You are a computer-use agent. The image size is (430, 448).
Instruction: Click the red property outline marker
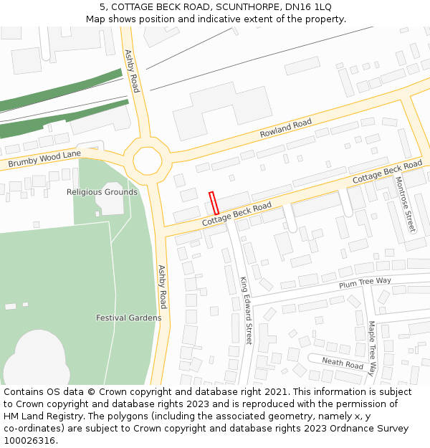pos(213,202)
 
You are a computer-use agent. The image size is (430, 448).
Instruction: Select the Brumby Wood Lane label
pos(44,159)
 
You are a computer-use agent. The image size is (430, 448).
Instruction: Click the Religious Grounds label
pos(102,192)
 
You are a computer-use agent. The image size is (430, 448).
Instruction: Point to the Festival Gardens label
pos(128,318)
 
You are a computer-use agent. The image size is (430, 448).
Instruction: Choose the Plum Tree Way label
pos(365,283)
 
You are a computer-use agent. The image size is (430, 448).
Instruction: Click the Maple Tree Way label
pos(371,348)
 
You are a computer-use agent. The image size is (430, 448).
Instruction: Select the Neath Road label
pos(342,363)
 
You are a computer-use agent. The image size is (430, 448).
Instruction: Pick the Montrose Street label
pos(405,204)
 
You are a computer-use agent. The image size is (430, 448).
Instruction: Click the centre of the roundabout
pos(148,159)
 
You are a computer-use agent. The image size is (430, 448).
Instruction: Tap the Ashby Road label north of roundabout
pos(132,71)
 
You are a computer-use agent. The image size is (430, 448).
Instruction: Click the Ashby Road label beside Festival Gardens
pos(163,285)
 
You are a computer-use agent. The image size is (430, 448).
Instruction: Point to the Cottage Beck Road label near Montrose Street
pos(387,171)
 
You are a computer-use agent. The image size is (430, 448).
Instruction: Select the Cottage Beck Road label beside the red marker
pos(236,214)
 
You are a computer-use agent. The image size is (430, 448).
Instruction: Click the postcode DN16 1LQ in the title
pos(308,6)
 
